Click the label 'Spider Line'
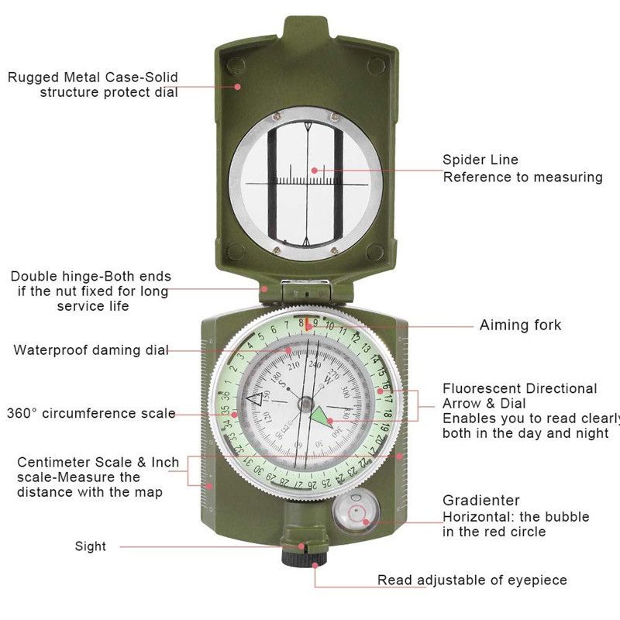(480, 160)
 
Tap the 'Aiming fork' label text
(520, 325)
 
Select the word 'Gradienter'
(481, 501)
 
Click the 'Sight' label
(91, 546)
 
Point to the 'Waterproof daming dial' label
(91, 350)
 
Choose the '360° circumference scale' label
(91, 413)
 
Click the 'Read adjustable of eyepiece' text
(472, 580)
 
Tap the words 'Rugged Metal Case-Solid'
(93, 77)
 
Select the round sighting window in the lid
(306, 180)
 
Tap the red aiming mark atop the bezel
(308, 319)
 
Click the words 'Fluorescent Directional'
(519, 388)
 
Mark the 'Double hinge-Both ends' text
(91, 277)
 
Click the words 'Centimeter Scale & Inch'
(98, 463)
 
